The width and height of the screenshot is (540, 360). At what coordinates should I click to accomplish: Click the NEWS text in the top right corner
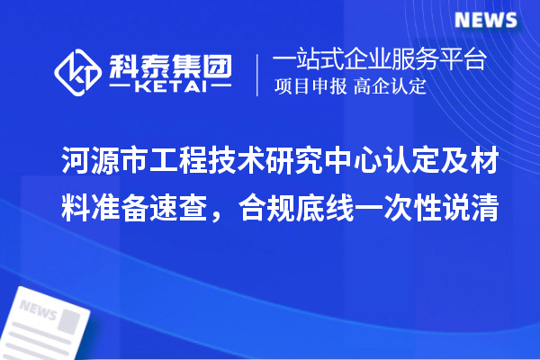point(486,20)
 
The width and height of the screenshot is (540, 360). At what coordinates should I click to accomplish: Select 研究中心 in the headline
point(327,163)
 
